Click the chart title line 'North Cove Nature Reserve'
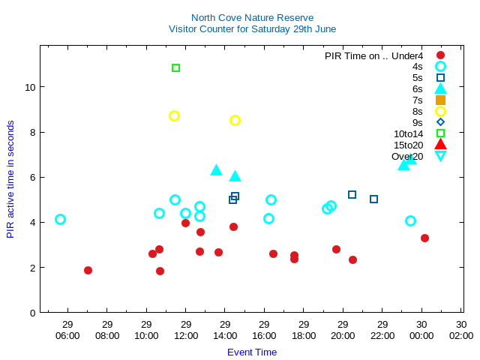252,18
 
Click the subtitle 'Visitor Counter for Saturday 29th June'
252,29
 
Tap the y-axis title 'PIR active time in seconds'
10,179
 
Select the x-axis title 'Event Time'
252,352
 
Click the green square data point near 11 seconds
175,68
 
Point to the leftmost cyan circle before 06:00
60,219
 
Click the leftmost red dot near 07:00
88,270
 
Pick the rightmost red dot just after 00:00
424,238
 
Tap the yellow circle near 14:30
235,120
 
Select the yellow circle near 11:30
174,115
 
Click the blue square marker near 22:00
373,199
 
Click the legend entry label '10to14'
408,134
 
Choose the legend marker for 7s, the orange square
440,100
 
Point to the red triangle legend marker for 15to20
440,145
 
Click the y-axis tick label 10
31,87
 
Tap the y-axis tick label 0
33,313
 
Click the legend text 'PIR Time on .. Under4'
373,55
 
